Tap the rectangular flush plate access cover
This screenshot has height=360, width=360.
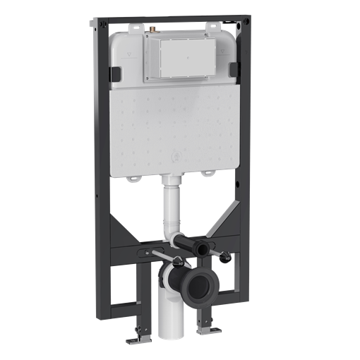[182, 58]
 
